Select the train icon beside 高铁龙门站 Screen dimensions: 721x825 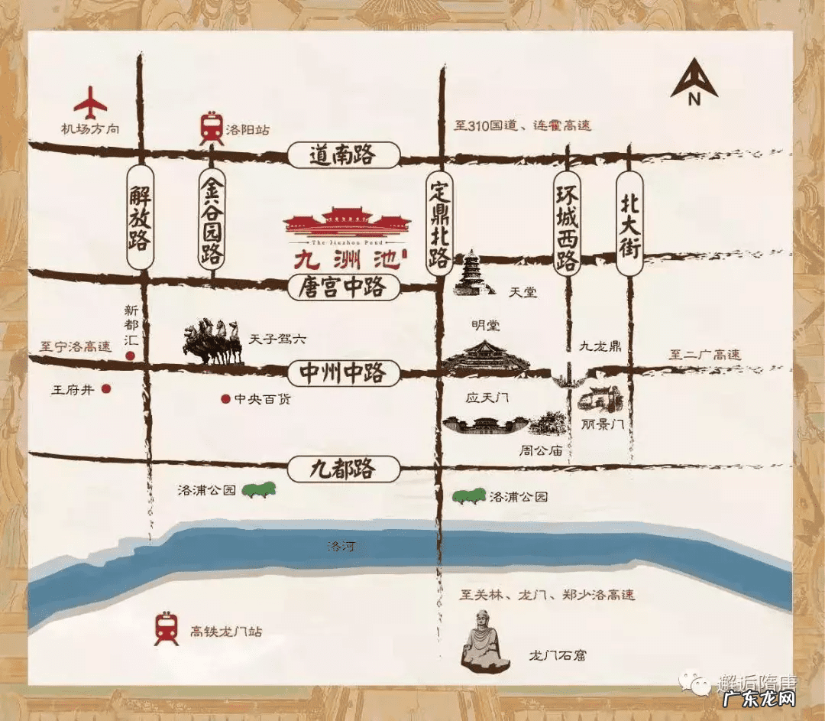166,628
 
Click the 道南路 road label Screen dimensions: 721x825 344,156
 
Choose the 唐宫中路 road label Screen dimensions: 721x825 345,288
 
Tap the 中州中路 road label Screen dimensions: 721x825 345,374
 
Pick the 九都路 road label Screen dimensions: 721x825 345,468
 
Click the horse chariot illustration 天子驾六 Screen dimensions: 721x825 212,343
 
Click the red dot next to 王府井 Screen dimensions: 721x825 106,388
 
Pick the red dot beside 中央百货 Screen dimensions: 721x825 225,398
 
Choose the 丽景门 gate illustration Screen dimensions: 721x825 601,400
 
